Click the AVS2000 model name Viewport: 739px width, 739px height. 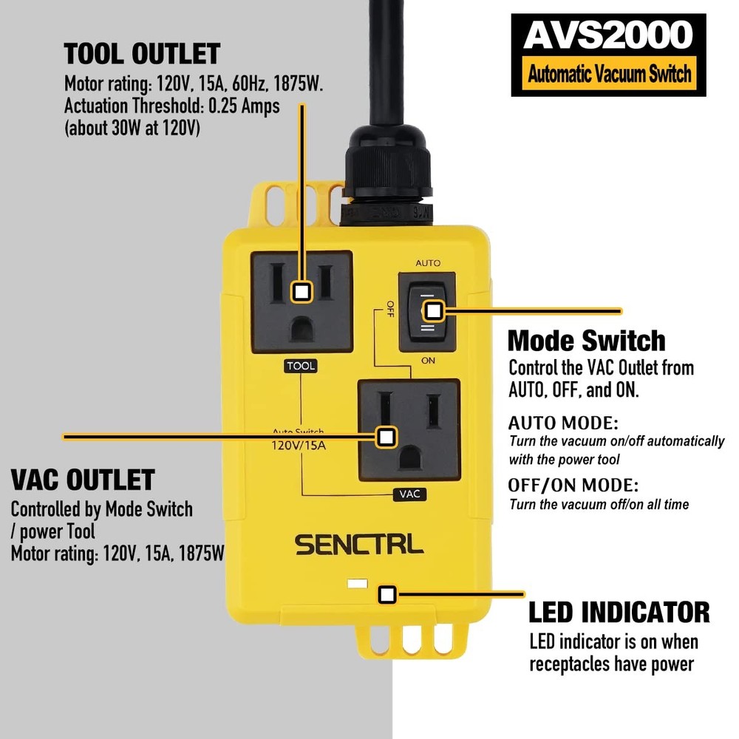[x=608, y=35]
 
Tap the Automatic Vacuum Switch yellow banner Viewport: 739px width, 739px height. [x=608, y=73]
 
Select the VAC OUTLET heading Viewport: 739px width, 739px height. [x=82, y=480]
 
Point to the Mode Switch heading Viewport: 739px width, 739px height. [x=586, y=341]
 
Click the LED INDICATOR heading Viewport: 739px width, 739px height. [x=619, y=612]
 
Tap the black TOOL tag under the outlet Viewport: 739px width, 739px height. [x=301, y=366]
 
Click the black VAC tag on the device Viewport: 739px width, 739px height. [x=409, y=494]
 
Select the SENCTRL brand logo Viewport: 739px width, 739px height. [x=359, y=545]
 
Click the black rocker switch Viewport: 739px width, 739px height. [x=426, y=311]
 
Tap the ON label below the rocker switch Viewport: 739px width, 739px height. [x=427, y=361]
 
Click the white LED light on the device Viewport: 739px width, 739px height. [x=356, y=584]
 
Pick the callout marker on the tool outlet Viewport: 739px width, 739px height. [x=301, y=291]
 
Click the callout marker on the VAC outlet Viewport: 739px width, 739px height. [x=384, y=437]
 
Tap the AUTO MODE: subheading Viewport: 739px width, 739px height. [x=563, y=423]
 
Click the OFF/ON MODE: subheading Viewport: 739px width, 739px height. [x=573, y=486]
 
